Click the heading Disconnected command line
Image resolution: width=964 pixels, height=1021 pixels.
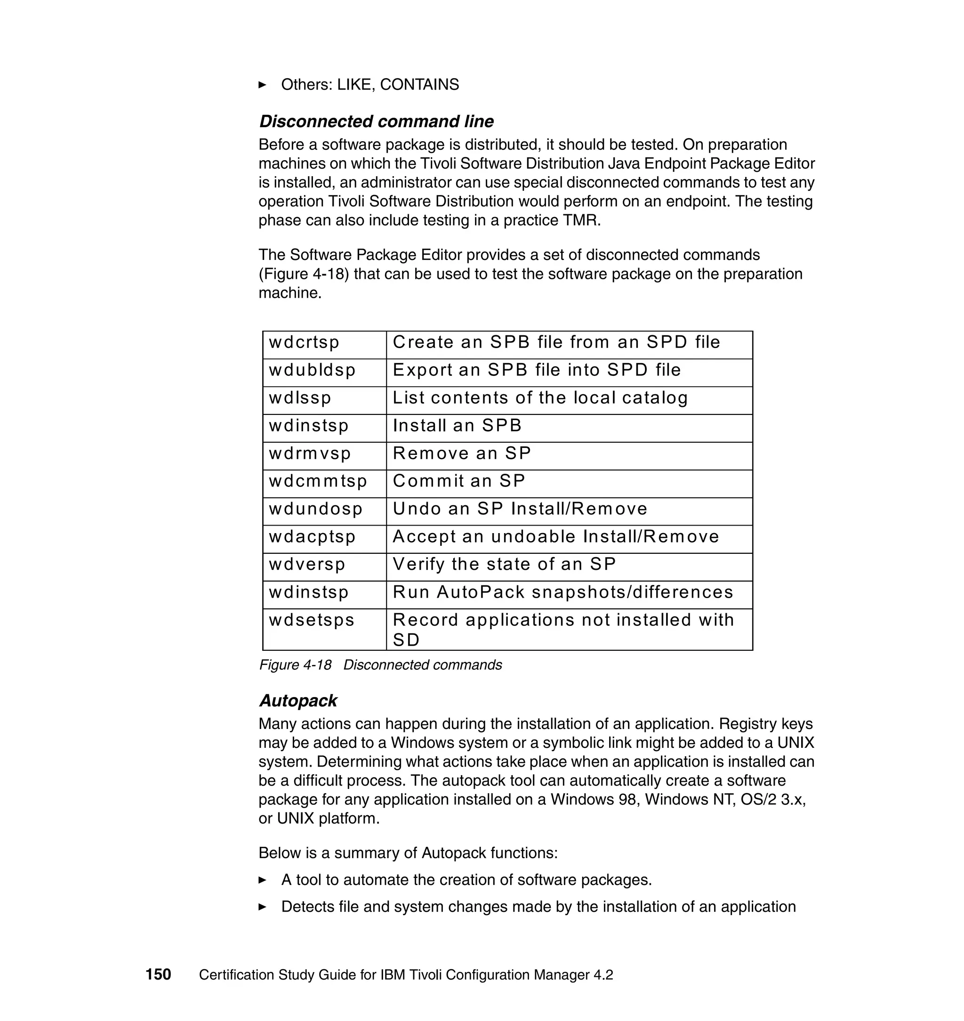pyautogui.click(x=376, y=122)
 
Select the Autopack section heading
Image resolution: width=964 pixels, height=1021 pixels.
pyautogui.click(x=297, y=701)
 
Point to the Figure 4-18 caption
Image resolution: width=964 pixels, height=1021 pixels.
pyautogui.click(x=380, y=665)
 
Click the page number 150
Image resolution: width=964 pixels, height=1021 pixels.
pyautogui.click(x=158, y=975)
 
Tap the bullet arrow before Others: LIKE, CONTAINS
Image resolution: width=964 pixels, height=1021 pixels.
pyautogui.click(x=262, y=85)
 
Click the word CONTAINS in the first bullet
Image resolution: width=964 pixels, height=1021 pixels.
pyautogui.click(x=419, y=85)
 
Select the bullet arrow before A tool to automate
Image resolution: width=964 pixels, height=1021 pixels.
pyautogui.click(x=262, y=880)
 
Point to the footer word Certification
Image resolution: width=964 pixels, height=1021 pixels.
pyautogui.click(x=236, y=975)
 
